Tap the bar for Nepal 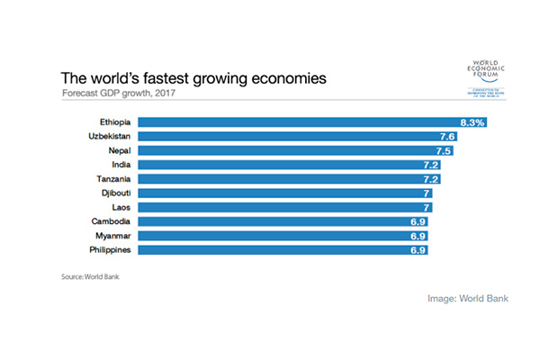pyautogui.click(x=298, y=150)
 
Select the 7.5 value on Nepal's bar pyautogui.click(x=445, y=150)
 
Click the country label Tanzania pyautogui.click(x=112, y=178)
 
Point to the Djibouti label pyautogui.click(x=115, y=193)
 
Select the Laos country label pyautogui.click(x=123, y=207)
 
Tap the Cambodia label pyautogui.click(x=112, y=220)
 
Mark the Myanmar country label pyautogui.click(x=112, y=235)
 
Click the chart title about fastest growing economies pyautogui.click(x=193, y=78)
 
